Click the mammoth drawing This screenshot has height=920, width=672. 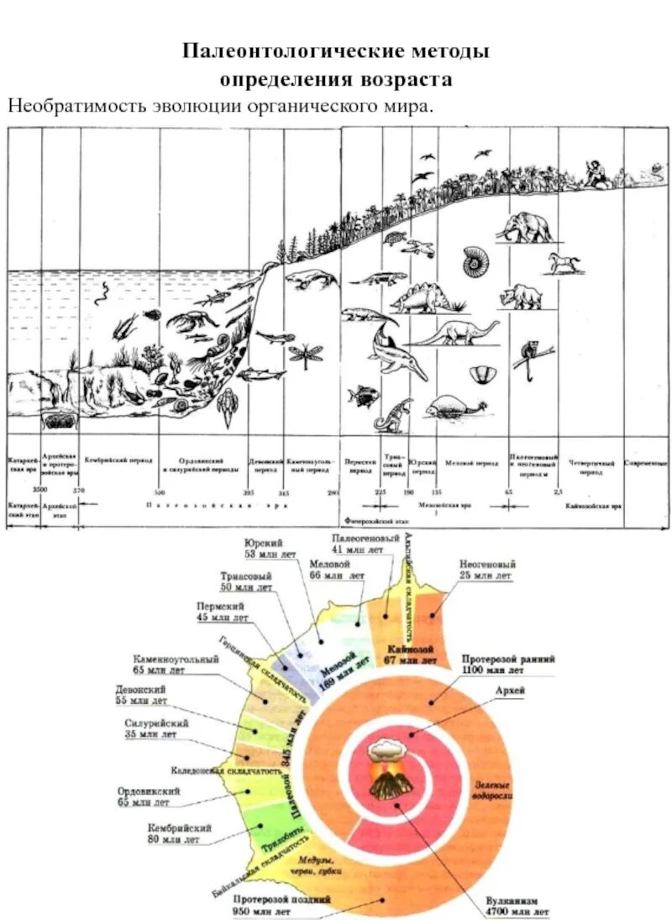[x=524, y=225]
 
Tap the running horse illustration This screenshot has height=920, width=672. [x=564, y=262]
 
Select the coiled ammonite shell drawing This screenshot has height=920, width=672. [x=476, y=261]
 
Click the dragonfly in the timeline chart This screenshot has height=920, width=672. [x=305, y=353]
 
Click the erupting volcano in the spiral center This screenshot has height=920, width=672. [x=388, y=770]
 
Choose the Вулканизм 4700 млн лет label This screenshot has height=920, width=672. [x=517, y=904]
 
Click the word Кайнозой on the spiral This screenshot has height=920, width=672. [x=411, y=650]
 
